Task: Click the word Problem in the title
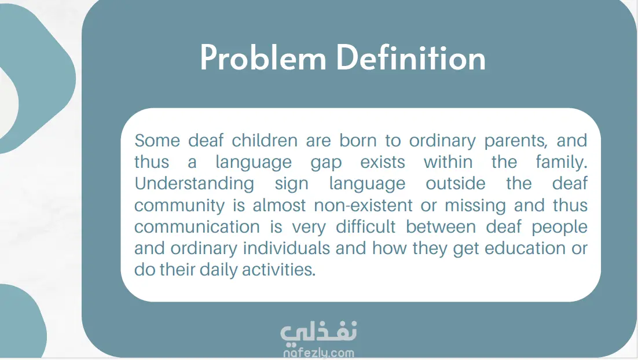(263, 58)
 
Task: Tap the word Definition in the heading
(411, 58)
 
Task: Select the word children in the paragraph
(265, 141)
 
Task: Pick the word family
(562, 163)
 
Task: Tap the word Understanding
(194, 184)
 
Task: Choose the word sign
(291, 184)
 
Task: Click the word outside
(455, 184)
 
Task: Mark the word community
(179, 206)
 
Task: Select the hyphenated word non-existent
(364, 205)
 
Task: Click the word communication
(197, 227)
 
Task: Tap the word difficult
(365, 226)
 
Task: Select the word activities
(278, 270)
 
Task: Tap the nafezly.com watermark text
(318, 352)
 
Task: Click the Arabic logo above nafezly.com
(318, 332)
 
